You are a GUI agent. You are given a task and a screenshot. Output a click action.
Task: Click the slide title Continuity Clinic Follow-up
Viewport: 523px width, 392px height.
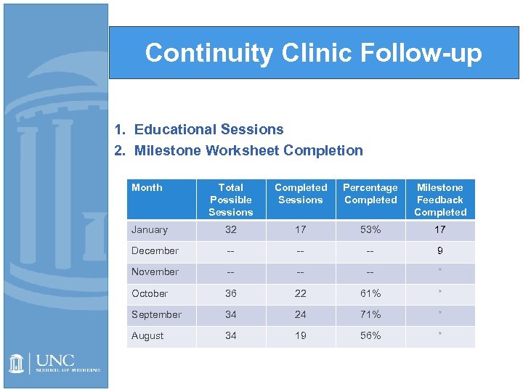pos(313,53)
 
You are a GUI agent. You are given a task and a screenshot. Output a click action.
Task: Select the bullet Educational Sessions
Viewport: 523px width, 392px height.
pos(208,129)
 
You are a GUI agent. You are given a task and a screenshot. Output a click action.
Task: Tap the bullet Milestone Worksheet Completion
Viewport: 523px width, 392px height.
pos(248,150)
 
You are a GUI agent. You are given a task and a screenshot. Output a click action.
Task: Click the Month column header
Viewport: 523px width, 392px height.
pos(147,188)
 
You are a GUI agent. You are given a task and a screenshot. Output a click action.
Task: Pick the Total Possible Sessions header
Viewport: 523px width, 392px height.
pos(230,200)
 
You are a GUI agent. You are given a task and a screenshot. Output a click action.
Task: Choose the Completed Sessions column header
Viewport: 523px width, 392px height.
pos(301,194)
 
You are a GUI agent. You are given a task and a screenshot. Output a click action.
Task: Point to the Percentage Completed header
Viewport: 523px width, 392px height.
pos(370,194)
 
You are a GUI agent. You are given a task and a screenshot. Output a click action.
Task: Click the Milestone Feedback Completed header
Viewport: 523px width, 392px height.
pos(440,200)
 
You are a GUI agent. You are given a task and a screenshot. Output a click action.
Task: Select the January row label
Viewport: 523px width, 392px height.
pos(150,230)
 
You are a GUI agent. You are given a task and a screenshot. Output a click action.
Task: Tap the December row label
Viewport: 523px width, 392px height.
pos(155,251)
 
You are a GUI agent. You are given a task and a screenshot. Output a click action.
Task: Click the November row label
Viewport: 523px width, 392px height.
pos(155,272)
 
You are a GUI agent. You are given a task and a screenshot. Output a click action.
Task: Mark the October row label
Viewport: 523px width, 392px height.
pos(150,293)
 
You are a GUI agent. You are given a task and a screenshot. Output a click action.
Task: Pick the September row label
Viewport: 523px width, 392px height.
pos(156,314)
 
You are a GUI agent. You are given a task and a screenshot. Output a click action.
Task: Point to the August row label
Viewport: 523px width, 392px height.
pos(147,335)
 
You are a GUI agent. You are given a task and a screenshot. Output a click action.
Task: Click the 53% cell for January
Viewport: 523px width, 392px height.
pos(370,230)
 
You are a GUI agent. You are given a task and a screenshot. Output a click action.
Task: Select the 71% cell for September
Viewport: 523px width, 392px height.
pos(370,314)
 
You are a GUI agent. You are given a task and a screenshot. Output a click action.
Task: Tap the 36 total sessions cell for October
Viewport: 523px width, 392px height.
pos(230,293)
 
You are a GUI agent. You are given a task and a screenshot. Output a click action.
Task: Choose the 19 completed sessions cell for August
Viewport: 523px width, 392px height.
pos(301,335)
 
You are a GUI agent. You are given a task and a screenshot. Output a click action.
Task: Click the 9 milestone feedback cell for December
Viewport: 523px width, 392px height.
pos(440,251)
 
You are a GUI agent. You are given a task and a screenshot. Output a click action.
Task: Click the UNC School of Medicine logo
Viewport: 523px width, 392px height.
pos(54,364)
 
